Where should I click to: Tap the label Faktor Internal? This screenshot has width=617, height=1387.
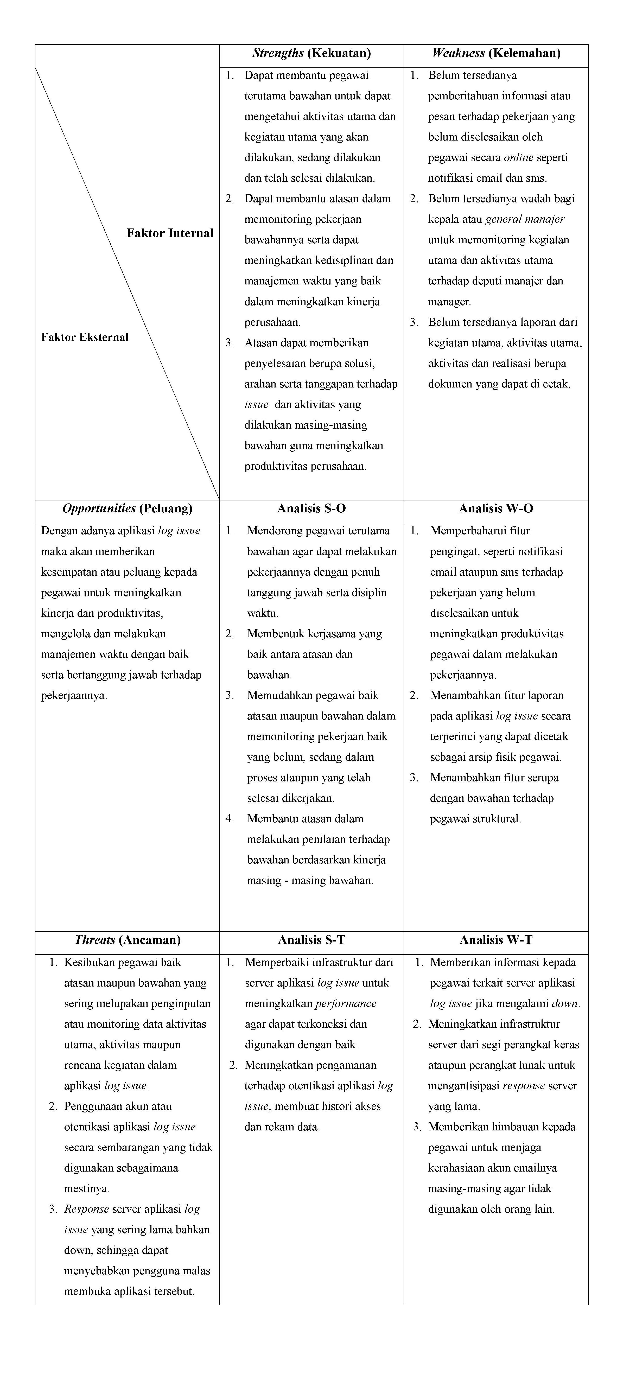click(x=170, y=233)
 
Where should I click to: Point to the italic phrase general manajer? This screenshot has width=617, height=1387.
click(x=525, y=219)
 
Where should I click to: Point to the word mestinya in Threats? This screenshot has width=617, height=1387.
click(x=87, y=1188)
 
